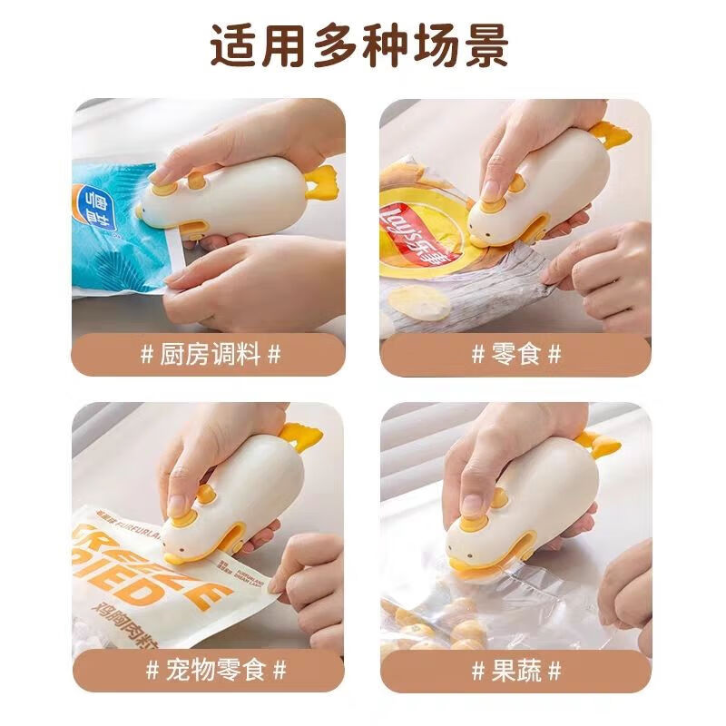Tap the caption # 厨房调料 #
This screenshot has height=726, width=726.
coord(211,354)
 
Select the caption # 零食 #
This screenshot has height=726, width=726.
coord(515,354)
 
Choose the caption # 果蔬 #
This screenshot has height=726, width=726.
coord(515,671)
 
